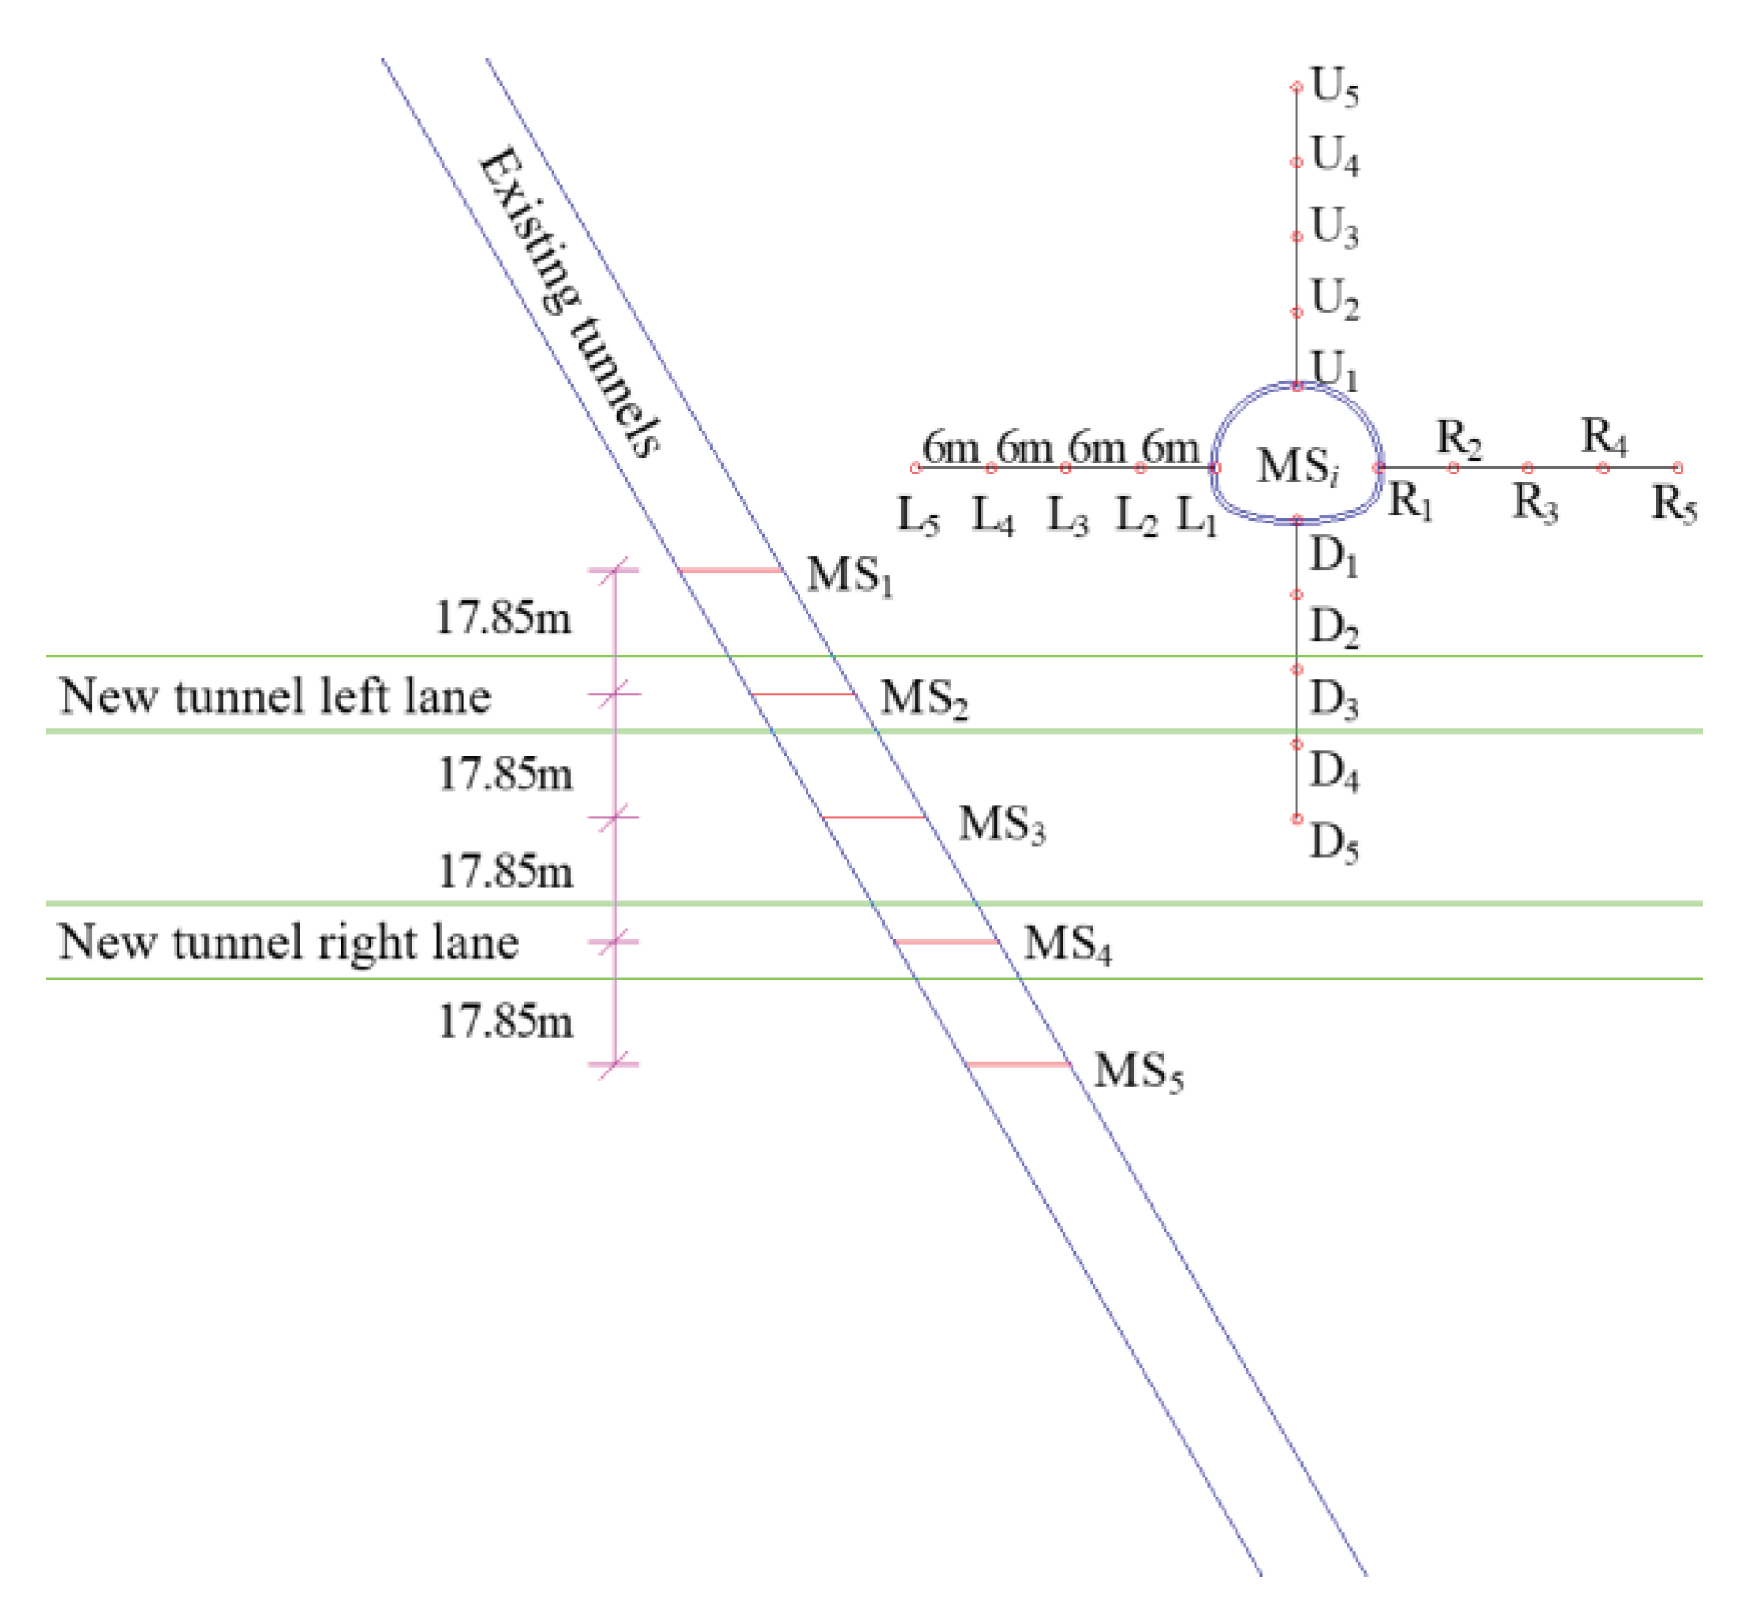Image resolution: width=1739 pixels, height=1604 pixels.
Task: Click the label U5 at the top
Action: point(1334,88)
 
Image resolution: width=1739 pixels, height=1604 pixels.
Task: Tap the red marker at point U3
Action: point(1297,237)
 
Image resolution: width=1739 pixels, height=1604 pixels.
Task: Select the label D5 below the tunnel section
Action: point(1334,842)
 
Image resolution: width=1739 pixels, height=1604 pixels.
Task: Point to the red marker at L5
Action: point(916,468)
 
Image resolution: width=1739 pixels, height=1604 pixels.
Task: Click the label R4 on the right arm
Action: point(1603,437)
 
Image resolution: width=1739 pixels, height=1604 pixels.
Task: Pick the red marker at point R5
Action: point(1678,468)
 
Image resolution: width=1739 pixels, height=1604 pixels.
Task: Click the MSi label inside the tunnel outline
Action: point(1297,466)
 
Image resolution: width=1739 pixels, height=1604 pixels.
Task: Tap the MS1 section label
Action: point(849,576)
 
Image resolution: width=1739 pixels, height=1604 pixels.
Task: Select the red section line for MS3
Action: point(874,817)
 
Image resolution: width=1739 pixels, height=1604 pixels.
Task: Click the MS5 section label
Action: point(1138,1071)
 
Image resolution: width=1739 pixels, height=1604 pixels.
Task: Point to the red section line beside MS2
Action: point(803,695)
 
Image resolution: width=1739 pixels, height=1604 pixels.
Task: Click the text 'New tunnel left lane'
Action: point(275,696)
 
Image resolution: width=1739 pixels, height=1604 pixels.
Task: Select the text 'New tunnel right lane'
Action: point(289,942)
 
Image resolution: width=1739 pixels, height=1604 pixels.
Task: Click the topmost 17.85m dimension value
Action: point(503,618)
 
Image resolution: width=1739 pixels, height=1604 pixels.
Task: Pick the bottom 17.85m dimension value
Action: point(506,1021)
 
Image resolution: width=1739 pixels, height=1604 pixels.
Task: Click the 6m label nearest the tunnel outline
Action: point(1170,448)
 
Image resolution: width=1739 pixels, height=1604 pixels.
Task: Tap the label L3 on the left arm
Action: point(1067,516)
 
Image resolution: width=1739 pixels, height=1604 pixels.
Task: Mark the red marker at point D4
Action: point(1297,745)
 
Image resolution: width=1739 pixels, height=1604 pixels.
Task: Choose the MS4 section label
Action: point(1067,944)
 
